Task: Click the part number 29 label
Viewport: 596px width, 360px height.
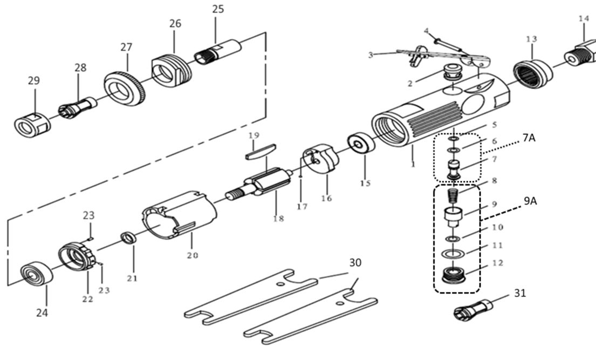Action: tap(34, 80)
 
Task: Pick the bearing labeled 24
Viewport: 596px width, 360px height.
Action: tap(38, 274)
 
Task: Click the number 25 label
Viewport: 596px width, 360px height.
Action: tap(218, 9)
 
